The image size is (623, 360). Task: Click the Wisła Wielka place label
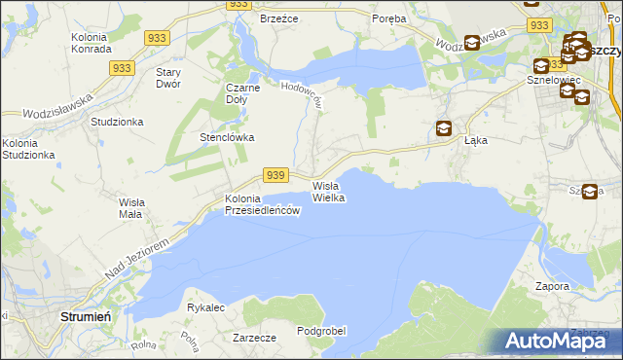[x=329, y=191]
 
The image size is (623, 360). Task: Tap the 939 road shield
[x=276, y=175]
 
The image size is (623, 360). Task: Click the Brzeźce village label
[x=278, y=18]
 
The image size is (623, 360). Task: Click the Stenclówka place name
[x=227, y=137]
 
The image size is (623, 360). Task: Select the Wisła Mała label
[x=130, y=207]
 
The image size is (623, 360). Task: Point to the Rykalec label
[x=206, y=307]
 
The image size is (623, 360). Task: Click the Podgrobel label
[x=322, y=331]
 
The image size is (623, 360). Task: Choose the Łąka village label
[x=476, y=140]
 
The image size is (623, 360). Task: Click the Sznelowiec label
[x=554, y=80]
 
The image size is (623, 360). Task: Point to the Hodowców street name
[x=302, y=94]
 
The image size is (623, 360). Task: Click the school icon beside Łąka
[x=444, y=127]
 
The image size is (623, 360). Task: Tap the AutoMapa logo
[x=556, y=341]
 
